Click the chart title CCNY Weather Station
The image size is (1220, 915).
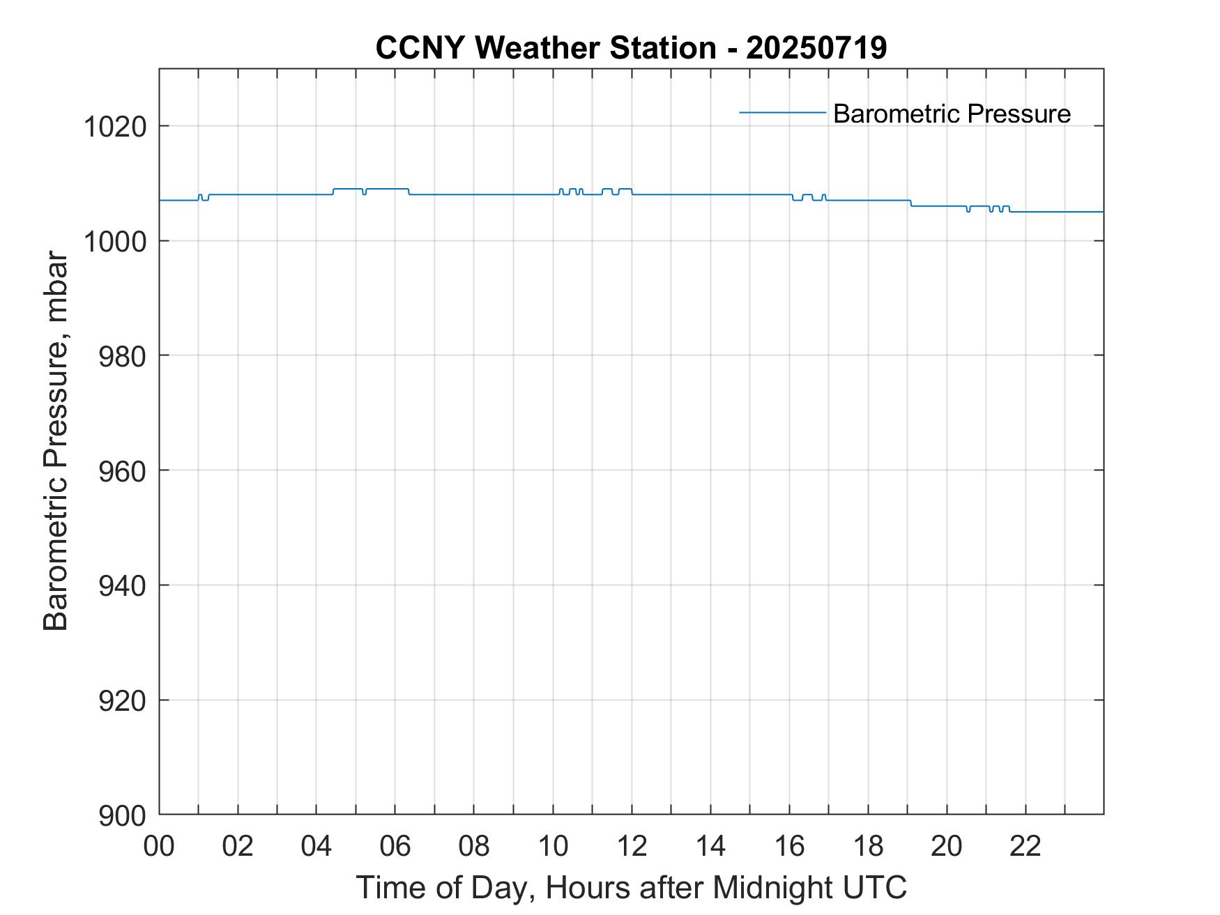545,48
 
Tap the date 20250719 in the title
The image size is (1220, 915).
816,48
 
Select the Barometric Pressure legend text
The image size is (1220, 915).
952,114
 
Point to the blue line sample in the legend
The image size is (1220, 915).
782,112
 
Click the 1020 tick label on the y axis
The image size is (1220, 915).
115,127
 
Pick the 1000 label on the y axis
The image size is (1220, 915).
115,241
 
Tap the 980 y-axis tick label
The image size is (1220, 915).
123,356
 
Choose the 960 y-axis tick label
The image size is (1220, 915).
123,471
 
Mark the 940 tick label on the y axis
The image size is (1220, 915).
123,586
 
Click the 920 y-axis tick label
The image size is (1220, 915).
123,700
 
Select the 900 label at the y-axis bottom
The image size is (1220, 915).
123,815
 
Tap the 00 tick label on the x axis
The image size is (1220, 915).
159,847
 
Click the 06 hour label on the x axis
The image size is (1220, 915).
395,847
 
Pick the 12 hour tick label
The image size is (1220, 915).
632,847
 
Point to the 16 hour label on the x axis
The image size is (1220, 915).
789,847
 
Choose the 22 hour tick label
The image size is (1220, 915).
1025,847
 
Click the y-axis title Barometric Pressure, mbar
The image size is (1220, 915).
56,442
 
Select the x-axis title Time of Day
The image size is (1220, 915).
446,888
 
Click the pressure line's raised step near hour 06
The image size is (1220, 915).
387,189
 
